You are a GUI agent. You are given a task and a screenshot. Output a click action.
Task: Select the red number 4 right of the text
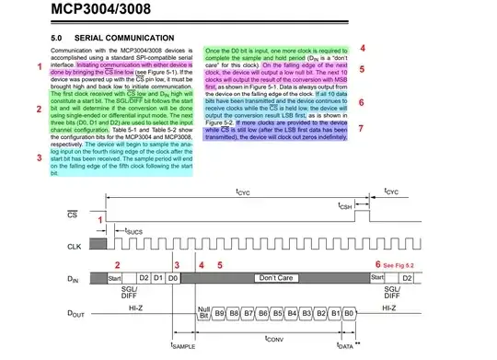click(x=362, y=48)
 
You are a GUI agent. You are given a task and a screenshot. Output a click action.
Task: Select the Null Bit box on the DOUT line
click(x=204, y=313)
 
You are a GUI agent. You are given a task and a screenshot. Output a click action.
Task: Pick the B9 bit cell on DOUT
click(x=220, y=313)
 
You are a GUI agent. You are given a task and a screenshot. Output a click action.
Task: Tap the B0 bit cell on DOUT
click(x=350, y=313)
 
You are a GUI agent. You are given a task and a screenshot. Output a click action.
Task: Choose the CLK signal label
click(x=75, y=247)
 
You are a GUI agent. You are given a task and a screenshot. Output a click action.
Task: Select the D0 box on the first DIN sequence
click(x=174, y=276)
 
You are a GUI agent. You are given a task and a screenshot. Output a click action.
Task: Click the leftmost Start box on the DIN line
click(x=115, y=276)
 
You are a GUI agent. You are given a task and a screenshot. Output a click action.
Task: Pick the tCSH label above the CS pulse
click(x=346, y=207)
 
